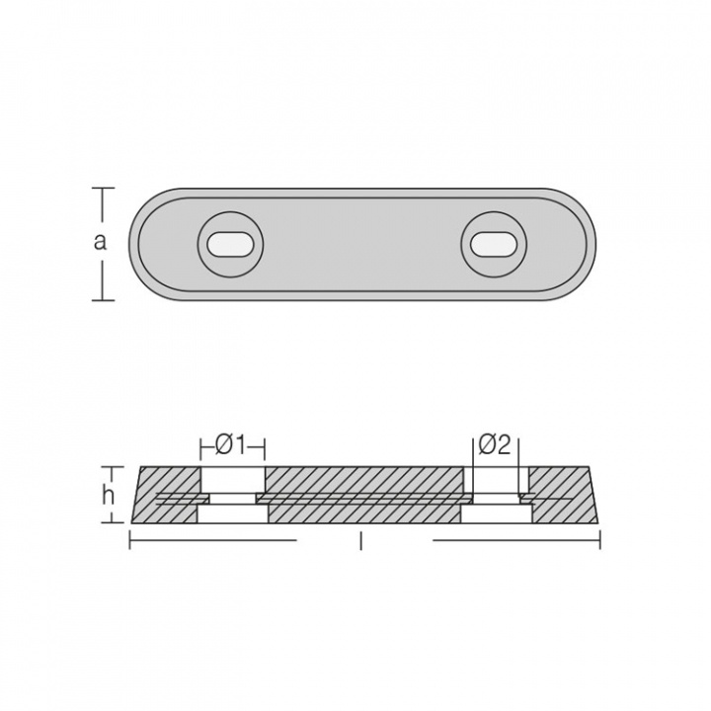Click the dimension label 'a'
coord(100,242)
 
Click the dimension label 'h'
coord(108,497)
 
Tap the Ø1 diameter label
coord(230,446)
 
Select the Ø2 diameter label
coord(495,445)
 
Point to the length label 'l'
coord(361,541)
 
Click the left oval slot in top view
coord(230,245)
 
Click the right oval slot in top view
coord(493,245)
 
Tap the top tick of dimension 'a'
coord(103,188)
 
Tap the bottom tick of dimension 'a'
coord(103,300)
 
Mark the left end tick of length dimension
coord(130,540)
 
